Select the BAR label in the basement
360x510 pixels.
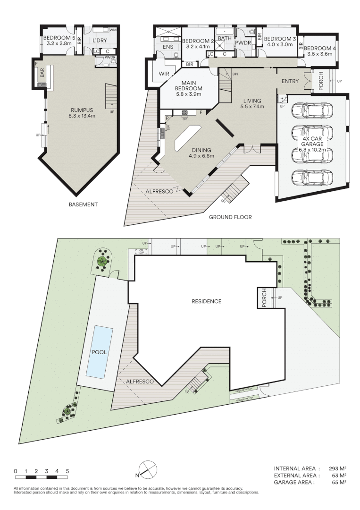tap(42, 73)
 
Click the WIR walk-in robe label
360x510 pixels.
tap(164, 74)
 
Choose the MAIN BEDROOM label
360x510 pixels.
tap(188, 85)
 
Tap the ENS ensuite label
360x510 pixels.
tap(168, 47)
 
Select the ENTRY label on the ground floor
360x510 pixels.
tap(290, 81)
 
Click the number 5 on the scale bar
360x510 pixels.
tap(67, 471)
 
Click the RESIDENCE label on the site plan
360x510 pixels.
tap(206, 301)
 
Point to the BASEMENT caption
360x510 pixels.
tap(83, 204)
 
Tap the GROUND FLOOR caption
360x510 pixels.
tap(230, 217)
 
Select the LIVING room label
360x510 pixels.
tap(253, 101)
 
